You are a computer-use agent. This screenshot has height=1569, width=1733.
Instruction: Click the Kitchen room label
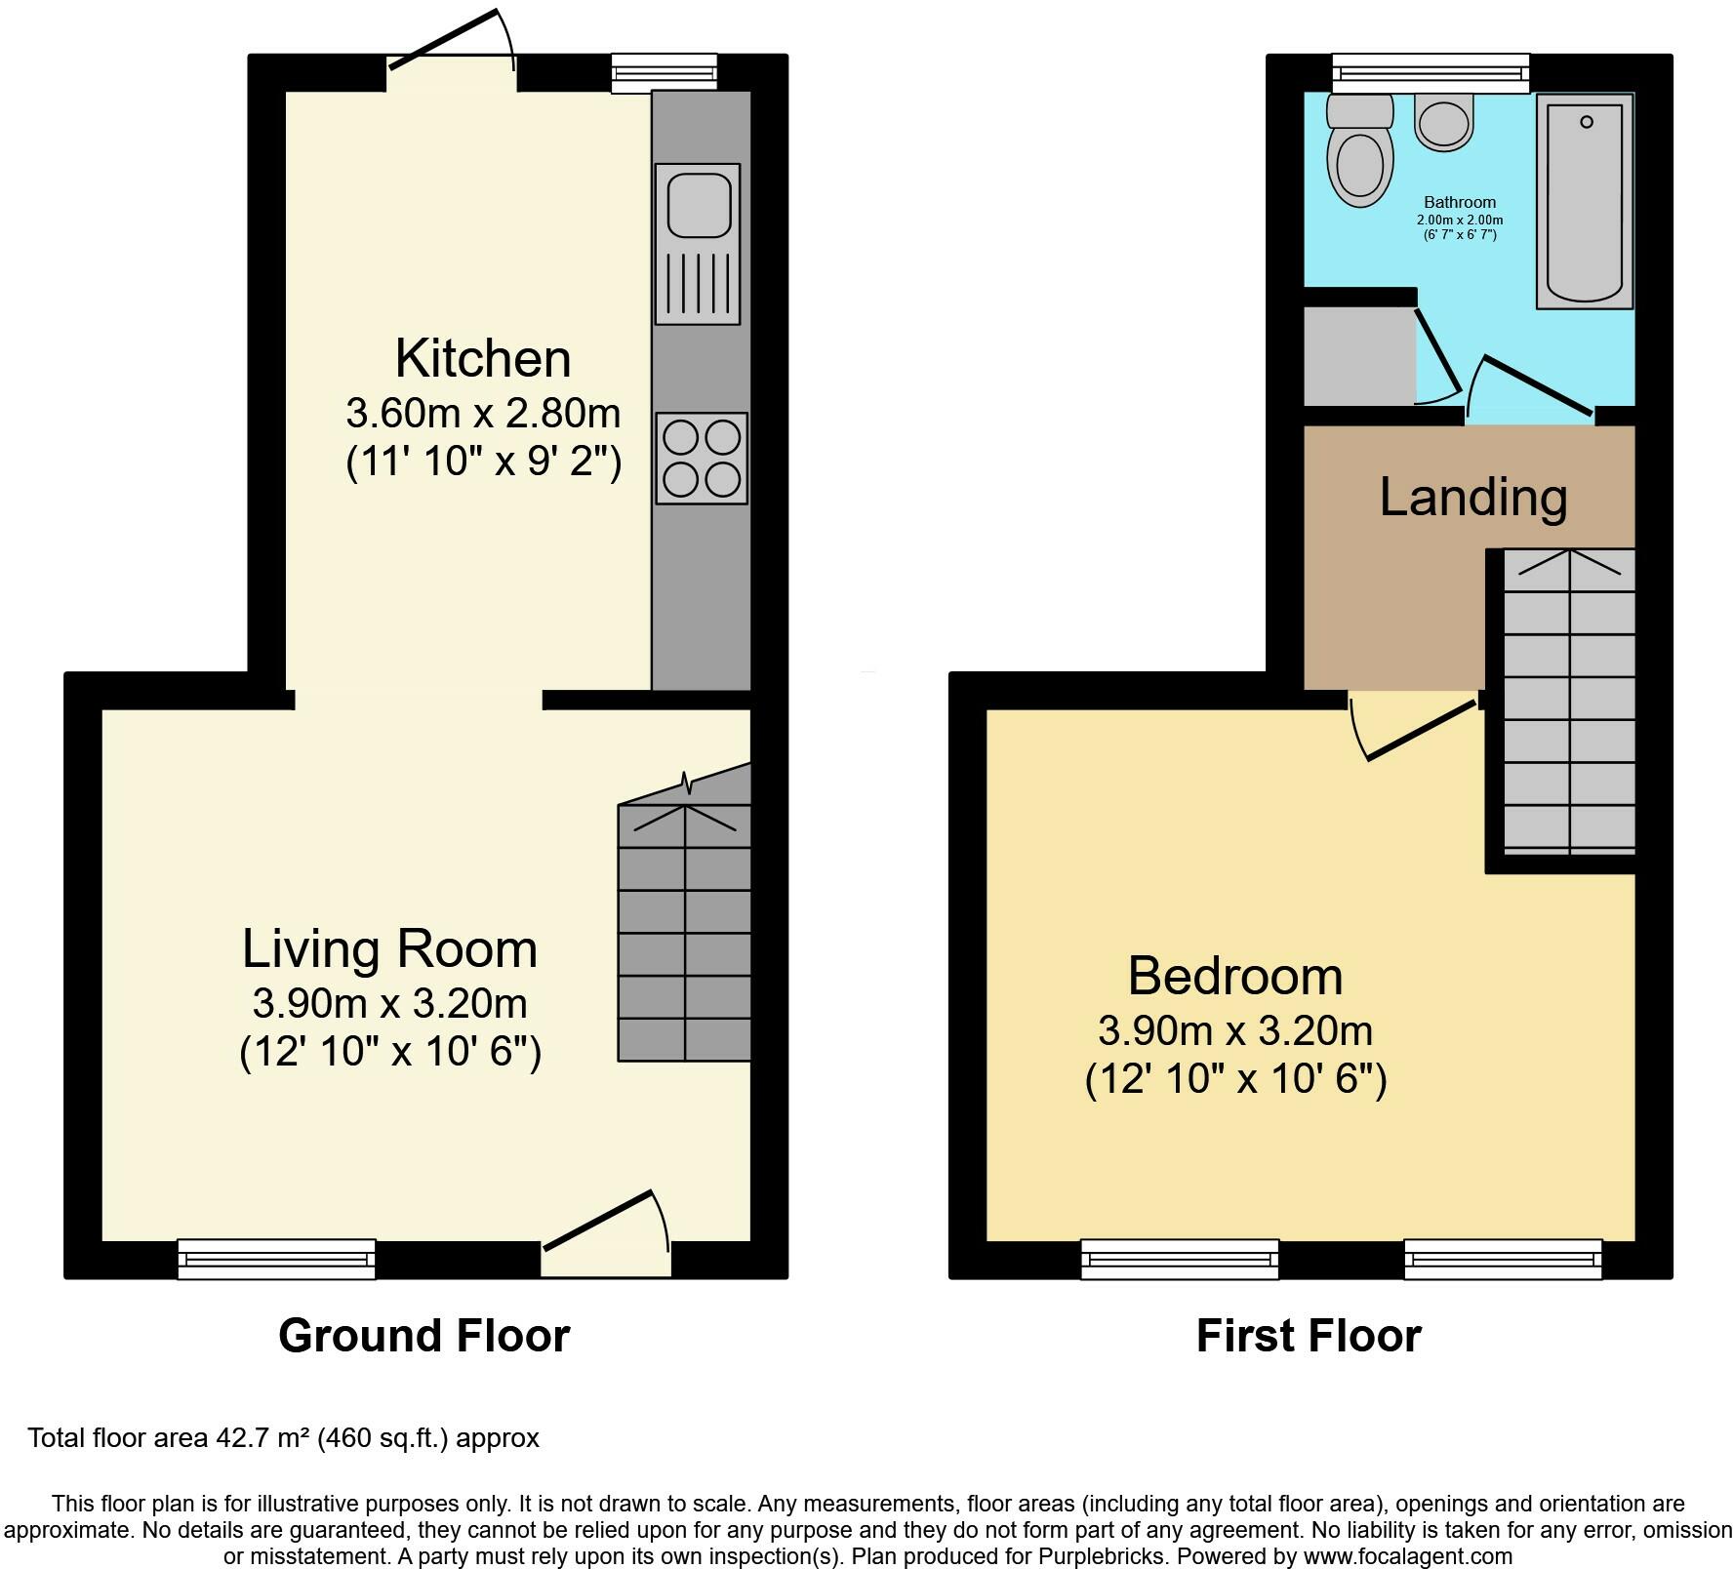483,358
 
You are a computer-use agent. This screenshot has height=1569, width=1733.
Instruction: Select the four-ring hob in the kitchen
702,458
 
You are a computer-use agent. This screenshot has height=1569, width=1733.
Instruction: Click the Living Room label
389,948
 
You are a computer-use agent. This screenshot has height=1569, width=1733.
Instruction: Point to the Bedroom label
1235,976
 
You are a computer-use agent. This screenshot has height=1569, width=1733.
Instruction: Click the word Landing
1472,497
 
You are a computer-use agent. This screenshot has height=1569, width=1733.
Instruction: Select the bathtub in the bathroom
1585,201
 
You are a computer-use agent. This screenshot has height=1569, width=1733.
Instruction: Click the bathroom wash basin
1443,123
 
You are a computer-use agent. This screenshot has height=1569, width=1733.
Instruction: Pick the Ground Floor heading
423,1336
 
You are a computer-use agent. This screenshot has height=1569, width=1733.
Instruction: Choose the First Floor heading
1309,1336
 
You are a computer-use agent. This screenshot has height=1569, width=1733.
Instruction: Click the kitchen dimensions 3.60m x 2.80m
483,413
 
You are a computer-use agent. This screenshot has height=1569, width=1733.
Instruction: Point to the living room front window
277,1259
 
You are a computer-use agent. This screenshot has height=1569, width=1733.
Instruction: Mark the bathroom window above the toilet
1431,73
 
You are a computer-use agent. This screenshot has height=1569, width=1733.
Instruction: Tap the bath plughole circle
1587,122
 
